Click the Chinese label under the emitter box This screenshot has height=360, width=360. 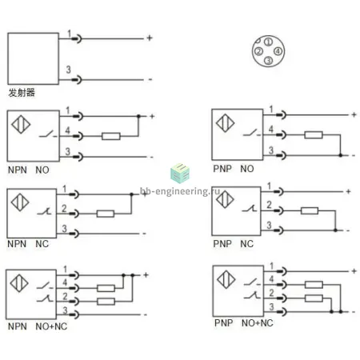pyautogui.click(x=22, y=93)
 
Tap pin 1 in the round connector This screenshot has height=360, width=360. pyautogui.click(x=269, y=42)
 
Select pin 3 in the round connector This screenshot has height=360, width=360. pyautogui.click(x=269, y=61)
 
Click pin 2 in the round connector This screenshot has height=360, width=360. pyautogui.click(x=258, y=51)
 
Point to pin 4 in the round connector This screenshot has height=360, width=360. pyautogui.click(x=278, y=51)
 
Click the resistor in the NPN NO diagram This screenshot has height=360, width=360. pyautogui.click(x=111, y=136)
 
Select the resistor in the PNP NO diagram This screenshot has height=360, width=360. pyautogui.click(x=314, y=135)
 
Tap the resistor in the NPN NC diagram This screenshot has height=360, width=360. pyautogui.click(x=106, y=214)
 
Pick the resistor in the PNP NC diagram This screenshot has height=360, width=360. pyautogui.click(x=310, y=210)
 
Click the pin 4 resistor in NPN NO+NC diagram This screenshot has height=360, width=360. pyautogui.click(x=106, y=288)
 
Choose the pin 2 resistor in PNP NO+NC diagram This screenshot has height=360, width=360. pyautogui.click(x=314, y=298)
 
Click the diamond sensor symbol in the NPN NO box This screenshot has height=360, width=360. pyautogui.click(x=21, y=124)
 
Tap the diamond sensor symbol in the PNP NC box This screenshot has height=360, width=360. pyautogui.click(x=225, y=199)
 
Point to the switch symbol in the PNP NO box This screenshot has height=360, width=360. pyautogui.click(x=251, y=133)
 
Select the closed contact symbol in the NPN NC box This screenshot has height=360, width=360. pyautogui.click(x=44, y=211)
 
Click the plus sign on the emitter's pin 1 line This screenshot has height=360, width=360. pyautogui.click(x=150, y=38)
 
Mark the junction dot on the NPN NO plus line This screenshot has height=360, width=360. pyautogui.click(x=138, y=116)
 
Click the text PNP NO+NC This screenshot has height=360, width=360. pyautogui.click(x=244, y=323)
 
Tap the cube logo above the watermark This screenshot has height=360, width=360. pyautogui.click(x=180, y=173)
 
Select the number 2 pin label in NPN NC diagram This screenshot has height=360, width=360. pyautogui.click(x=64, y=208)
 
